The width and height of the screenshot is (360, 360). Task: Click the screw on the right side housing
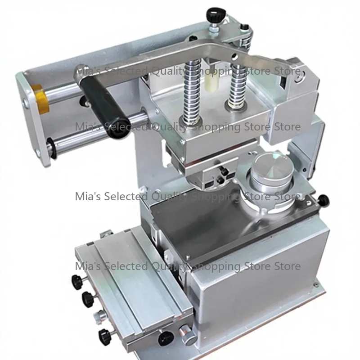click(298, 79)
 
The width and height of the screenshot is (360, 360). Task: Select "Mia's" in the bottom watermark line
click(87, 266)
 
